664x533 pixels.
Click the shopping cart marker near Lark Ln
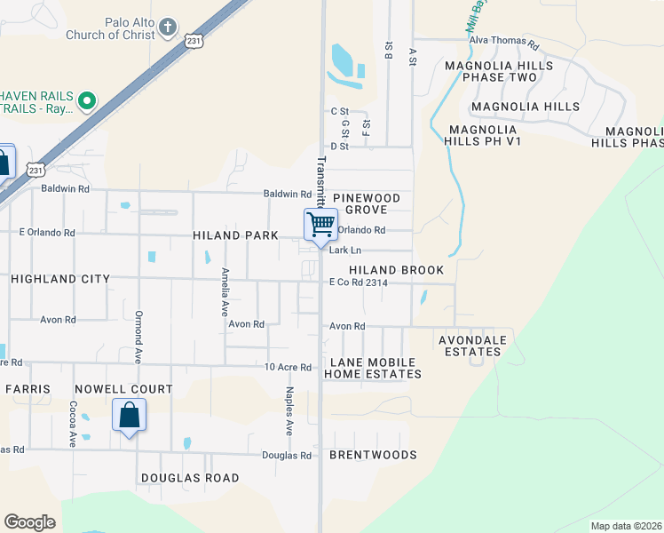pyautogui.click(x=320, y=224)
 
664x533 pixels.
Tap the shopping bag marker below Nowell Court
pyautogui.click(x=129, y=415)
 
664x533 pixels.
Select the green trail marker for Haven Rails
pyautogui.click(x=86, y=101)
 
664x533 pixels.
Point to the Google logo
pyautogui.click(x=29, y=522)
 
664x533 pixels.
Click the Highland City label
pyautogui.click(x=60, y=279)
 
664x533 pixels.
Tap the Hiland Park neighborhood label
pyautogui.click(x=235, y=235)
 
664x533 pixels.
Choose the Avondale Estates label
pyautogui.click(x=473, y=346)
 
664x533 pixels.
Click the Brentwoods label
pyautogui.click(x=373, y=455)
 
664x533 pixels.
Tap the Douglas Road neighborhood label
pyautogui.click(x=190, y=478)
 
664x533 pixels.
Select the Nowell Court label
pyautogui.click(x=123, y=389)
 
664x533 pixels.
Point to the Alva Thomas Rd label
pyautogui.click(x=504, y=43)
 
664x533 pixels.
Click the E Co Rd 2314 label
pyautogui.click(x=359, y=282)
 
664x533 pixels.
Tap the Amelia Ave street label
pyautogui.click(x=225, y=291)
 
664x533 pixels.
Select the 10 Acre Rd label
pyautogui.click(x=289, y=367)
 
